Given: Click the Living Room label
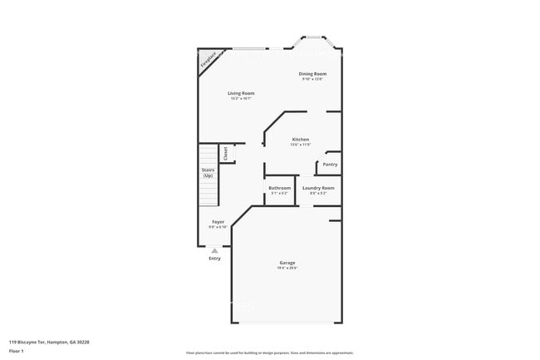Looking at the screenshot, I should (241, 92).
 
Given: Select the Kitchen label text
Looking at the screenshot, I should (300, 139).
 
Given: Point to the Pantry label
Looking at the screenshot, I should (330, 164).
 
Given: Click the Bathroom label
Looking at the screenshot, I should (279, 188).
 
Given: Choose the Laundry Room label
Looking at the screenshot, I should (318, 188).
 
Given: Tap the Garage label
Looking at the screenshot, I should (287, 264).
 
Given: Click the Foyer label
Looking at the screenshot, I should (218, 221).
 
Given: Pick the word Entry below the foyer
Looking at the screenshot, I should (214, 258).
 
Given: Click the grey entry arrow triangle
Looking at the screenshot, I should (214, 249).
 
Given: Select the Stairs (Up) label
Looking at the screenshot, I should (208, 173).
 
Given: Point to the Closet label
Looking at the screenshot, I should (225, 153).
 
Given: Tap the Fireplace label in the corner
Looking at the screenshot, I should (208, 60).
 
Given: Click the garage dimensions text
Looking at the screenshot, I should (287, 269).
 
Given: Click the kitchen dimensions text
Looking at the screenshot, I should (300, 144).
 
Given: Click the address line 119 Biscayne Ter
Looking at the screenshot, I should (49, 342).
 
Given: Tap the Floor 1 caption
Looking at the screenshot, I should (17, 352).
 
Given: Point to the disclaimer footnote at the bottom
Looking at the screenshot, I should (269, 353).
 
